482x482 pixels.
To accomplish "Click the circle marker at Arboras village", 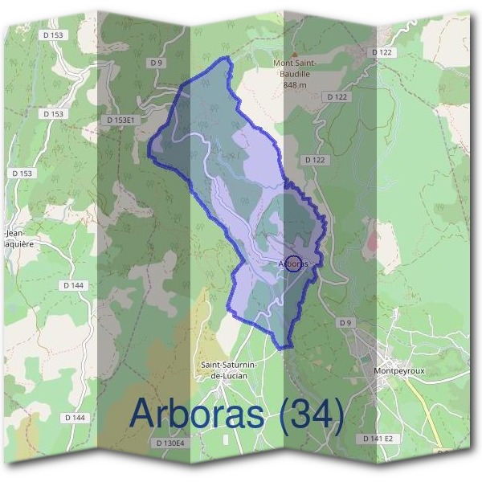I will (x=293, y=263).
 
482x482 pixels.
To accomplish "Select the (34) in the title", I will (x=309, y=415).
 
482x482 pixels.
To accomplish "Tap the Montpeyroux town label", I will (x=398, y=371).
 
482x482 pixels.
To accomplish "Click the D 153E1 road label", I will (x=124, y=120).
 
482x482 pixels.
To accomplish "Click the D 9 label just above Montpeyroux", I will (x=345, y=323).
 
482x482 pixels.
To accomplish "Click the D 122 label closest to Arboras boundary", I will (x=316, y=160).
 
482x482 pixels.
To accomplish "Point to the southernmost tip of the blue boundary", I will (x=282, y=348).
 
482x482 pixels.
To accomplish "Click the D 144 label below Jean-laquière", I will (x=73, y=285).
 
